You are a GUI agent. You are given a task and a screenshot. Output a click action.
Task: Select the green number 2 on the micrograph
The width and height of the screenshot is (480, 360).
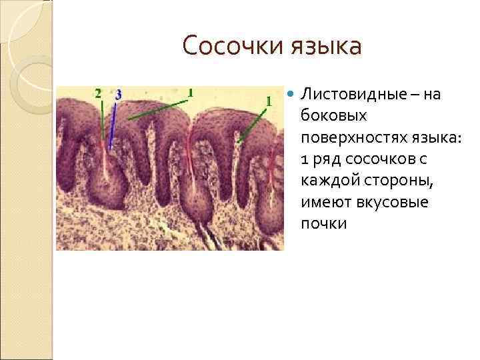(98, 93)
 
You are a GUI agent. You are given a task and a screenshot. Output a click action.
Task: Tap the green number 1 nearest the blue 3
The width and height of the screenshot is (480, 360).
(190, 92)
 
